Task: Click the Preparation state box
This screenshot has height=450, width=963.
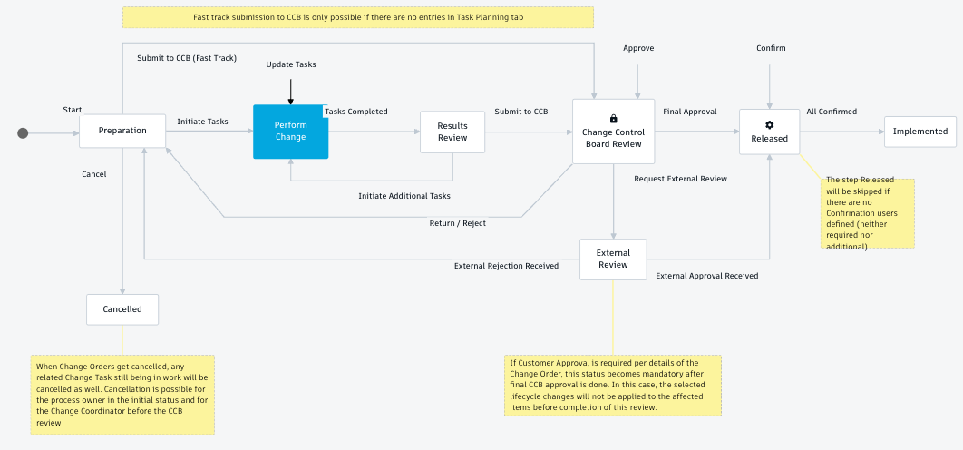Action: [x=122, y=131]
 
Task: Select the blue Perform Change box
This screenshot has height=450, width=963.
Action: [x=290, y=132]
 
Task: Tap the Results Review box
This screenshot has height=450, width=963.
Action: [x=452, y=132]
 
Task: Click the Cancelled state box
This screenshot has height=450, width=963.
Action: [x=122, y=309]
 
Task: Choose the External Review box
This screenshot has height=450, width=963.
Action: [x=613, y=259]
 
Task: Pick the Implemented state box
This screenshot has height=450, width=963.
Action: [x=919, y=132]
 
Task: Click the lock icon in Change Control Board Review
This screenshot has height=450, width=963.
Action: [x=613, y=119]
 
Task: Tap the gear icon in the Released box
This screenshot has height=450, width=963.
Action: [x=769, y=125]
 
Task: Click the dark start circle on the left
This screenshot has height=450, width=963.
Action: [x=24, y=133]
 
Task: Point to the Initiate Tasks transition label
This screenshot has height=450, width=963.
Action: [x=202, y=122]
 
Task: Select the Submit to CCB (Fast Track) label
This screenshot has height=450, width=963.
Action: [x=187, y=58]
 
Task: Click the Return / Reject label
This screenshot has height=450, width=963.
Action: [x=457, y=222]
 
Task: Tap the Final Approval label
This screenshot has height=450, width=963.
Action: [x=689, y=112]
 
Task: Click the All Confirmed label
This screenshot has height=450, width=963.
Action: [x=832, y=112]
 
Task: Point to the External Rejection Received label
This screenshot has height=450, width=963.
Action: [x=506, y=266]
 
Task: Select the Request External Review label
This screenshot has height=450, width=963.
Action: [x=680, y=179]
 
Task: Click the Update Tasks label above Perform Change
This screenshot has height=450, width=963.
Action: [x=290, y=64]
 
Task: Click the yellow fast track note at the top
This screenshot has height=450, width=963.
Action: [x=357, y=17]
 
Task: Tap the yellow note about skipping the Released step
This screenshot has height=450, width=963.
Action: [x=869, y=213]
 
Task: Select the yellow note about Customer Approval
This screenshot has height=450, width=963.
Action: [x=612, y=385]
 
